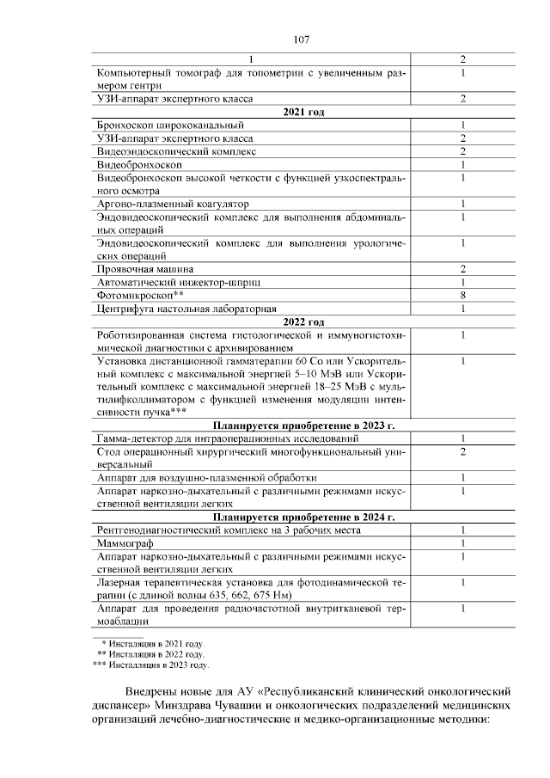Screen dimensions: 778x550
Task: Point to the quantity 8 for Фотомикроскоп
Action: pyautogui.click(x=462, y=295)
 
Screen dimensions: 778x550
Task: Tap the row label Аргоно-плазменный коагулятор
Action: pyautogui.click(x=173, y=204)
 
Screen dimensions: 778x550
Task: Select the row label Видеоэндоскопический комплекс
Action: pyautogui.click(x=177, y=151)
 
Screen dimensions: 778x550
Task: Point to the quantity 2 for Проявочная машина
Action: pyautogui.click(x=462, y=269)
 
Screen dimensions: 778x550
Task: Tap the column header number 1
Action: pyautogui.click(x=252, y=59)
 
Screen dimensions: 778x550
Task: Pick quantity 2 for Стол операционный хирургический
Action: pyautogui.click(x=462, y=451)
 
